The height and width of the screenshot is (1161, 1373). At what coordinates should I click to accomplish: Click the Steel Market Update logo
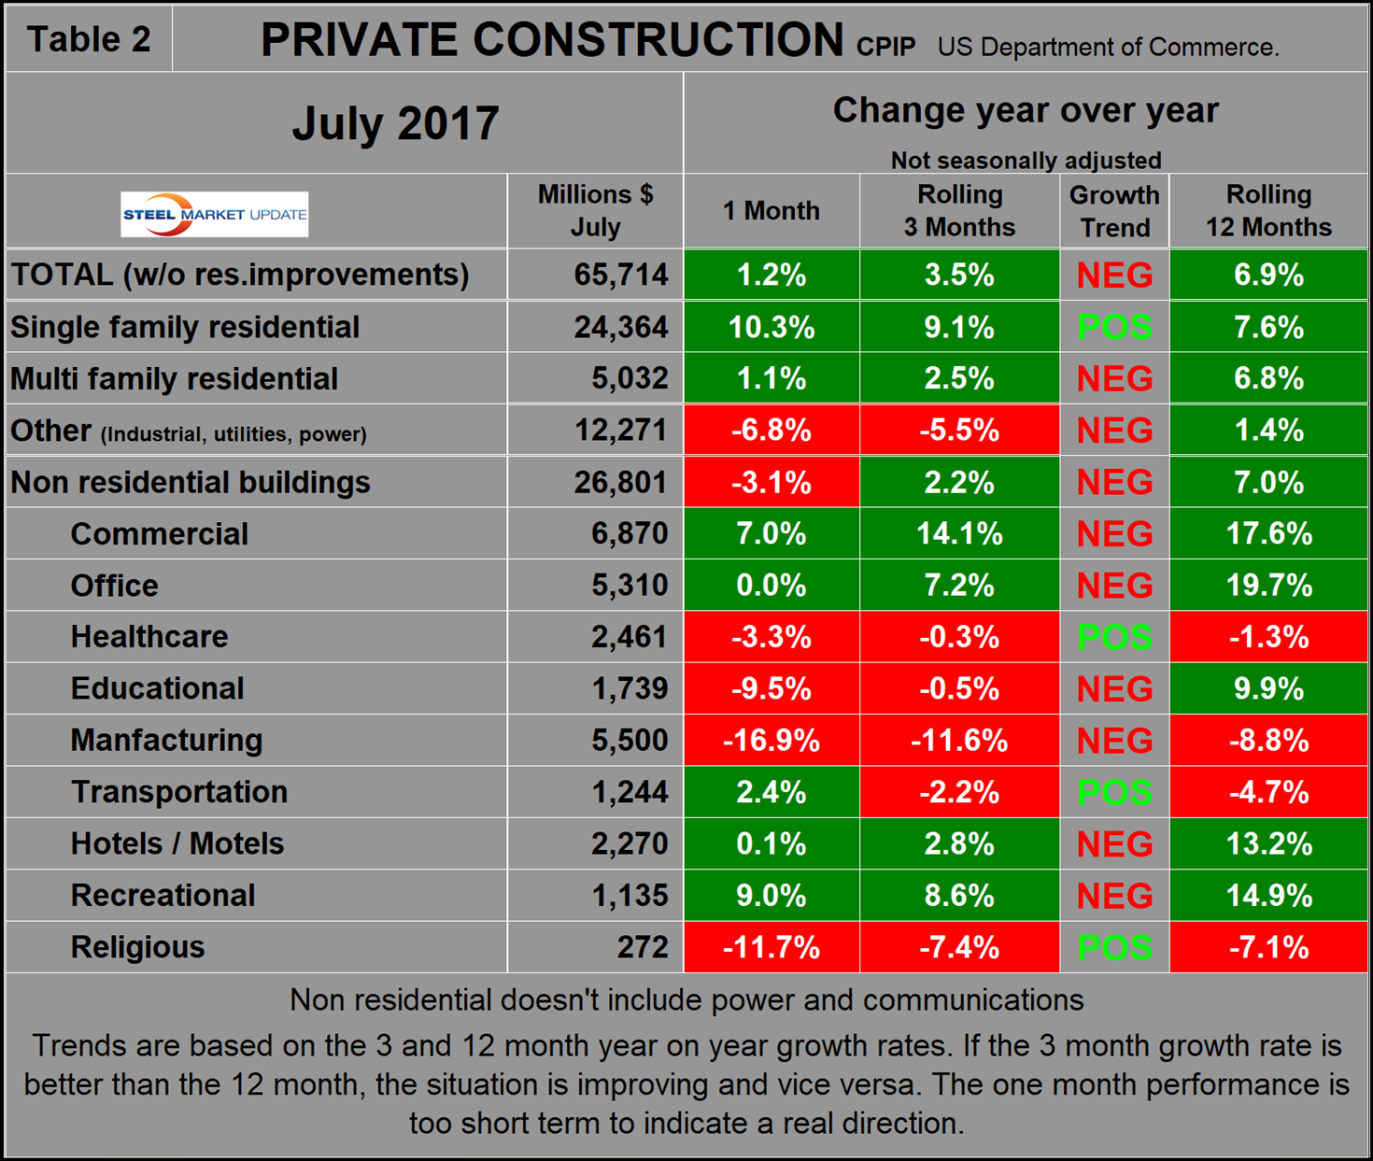215,214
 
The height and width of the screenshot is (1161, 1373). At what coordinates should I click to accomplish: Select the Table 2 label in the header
89,39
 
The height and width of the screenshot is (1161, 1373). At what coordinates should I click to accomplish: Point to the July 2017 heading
395,123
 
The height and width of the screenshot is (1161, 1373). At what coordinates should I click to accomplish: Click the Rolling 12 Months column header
1268,211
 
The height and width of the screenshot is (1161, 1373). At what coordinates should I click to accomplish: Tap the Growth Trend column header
1114,211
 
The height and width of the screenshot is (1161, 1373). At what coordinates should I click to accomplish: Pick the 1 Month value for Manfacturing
771,741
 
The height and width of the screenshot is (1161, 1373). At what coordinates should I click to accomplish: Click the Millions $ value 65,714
621,275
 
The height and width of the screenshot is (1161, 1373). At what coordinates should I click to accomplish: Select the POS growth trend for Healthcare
1114,637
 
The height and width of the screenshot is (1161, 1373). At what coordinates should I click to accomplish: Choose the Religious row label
137,947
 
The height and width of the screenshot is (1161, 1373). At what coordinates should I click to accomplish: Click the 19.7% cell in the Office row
1268,586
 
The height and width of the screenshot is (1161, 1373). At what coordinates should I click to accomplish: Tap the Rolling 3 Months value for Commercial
959,534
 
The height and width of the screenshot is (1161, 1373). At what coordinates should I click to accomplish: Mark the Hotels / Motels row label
177,843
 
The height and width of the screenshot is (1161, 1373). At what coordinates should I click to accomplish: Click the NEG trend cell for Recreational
1114,896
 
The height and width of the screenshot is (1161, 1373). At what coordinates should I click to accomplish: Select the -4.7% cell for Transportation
1268,792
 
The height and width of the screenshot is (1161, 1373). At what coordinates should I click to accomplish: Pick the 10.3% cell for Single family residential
771,327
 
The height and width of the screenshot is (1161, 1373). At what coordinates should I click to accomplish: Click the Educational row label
157,688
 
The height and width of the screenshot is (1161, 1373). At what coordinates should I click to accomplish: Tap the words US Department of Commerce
1108,47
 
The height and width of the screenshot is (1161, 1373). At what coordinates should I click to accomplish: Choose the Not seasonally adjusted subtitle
1026,161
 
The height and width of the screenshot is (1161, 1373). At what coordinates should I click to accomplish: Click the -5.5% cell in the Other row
959,431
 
